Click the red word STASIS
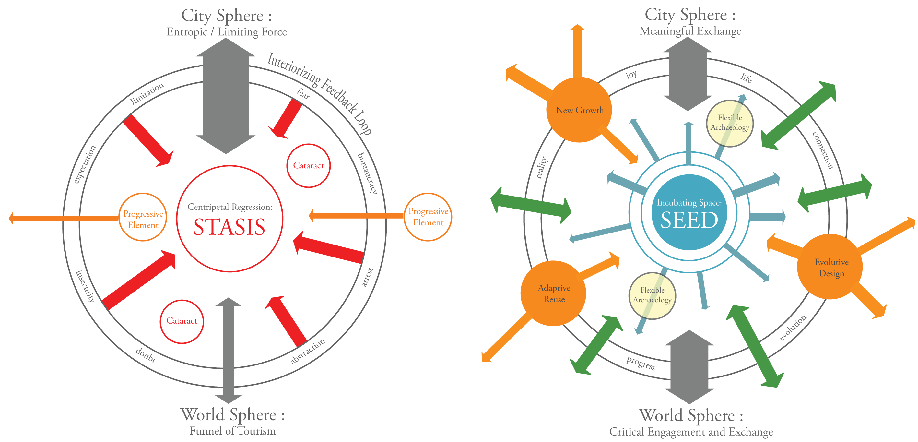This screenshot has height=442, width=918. pyautogui.click(x=229, y=227)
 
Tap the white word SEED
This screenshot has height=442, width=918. pyautogui.click(x=689, y=220)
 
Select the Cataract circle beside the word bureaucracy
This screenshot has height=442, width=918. pyautogui.click(x=308, y=166)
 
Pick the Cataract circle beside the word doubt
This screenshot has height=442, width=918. pyautogui.click(x=182, y=321)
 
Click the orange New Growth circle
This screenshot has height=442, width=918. pyautogui.click(x=580, y=110)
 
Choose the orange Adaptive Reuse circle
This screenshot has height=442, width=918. pyautogui.click(x=553, y=293)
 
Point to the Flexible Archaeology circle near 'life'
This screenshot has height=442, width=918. pyautogui.click(x=729, y=123)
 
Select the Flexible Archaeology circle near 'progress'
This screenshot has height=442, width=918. pyautogui.click(x=652, y=295)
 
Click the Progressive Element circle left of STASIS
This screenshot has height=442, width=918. pyautogui.click(x=143, y=218)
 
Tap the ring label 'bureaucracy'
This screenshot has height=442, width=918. pyautogui.click(x=367, y=173)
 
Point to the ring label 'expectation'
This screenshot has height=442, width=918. pyautogui.click(x=85, y=164)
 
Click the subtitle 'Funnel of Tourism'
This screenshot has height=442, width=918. pyautogui.click(x=232, y=431)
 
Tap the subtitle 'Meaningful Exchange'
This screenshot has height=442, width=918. pyautogui.click(x=690, y=31)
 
